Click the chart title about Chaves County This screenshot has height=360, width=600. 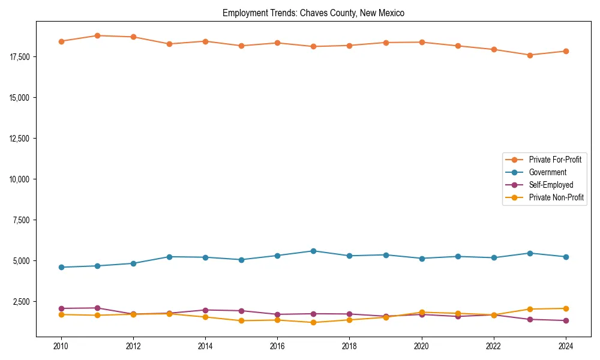[313, 13]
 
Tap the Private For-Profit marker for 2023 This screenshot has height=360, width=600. [530, 55]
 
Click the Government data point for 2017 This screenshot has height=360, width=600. [313, 251]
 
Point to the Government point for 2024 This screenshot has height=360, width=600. [566, 257]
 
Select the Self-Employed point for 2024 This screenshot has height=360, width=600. [566, 320]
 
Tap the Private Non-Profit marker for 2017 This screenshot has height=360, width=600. [313, 322]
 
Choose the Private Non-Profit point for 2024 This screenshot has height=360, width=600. [566, 308]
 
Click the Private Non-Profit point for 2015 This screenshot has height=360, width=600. [241, 320]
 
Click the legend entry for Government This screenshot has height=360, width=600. [547, 172]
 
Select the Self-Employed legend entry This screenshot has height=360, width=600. [551, 185]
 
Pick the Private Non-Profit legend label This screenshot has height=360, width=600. [556, 197]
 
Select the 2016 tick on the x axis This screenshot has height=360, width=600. [277, 346]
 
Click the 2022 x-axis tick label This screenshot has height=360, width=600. [494, 346]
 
